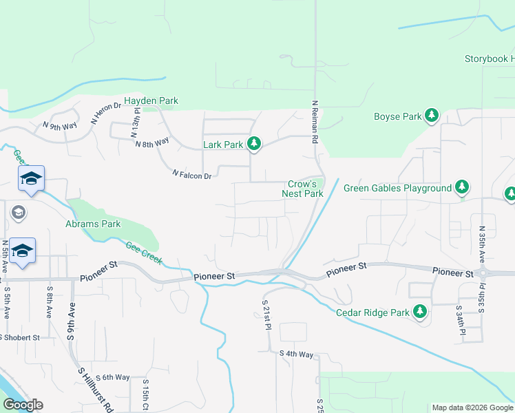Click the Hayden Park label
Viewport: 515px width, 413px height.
151,100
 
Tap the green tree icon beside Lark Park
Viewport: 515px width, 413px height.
255,143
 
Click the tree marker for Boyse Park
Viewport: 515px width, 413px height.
432,116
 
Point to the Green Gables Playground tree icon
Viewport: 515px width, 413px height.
463,187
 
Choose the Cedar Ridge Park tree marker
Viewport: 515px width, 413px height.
419,312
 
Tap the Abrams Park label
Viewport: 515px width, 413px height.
93,224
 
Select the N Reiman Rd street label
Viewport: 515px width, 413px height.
314,123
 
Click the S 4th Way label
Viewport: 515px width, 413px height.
296,354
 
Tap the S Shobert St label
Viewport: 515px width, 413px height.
21,337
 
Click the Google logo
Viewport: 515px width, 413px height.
23,405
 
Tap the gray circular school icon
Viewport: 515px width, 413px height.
17,212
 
